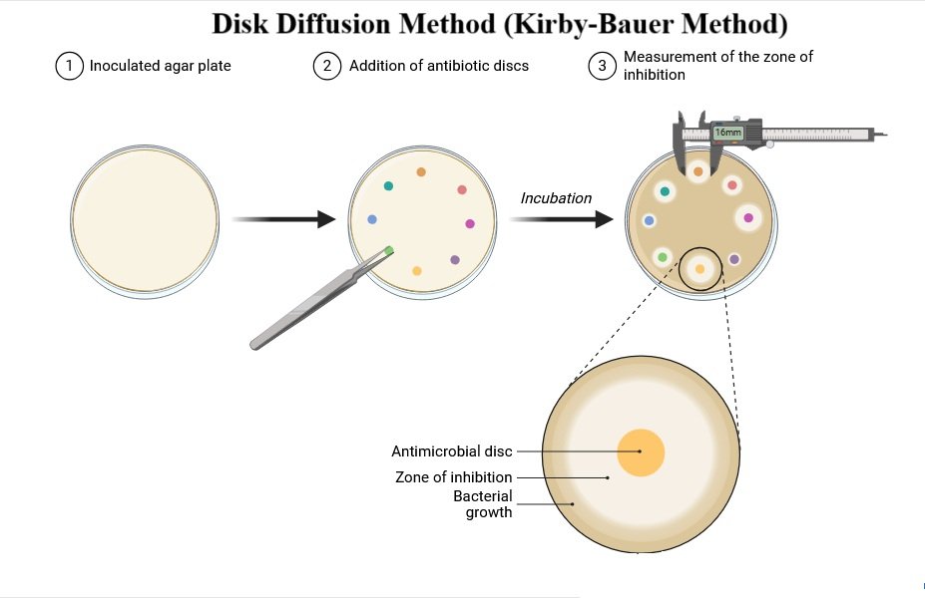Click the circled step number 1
tap(69, 67)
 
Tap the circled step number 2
tap(327, 67)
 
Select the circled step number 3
tap(602, 67)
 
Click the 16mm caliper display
tap(728, 133)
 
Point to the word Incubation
tap(556, 198)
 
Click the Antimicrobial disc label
tap(452, 451)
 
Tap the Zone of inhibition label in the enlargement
tap(454, 477)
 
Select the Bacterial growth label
tap(484, 504)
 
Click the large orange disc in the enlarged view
tap(641, 452)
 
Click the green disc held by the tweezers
tap(389, 251)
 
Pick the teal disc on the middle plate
tap(388, 186)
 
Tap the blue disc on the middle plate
tap(372, 219)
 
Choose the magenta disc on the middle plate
tap(470, 224)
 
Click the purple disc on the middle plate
tap(455, 259)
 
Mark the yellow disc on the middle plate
tap(417, 271)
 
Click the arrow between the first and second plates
tap(283, 219)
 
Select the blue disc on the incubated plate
tap(650, 220)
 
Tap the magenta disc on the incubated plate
tap(748, 217)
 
